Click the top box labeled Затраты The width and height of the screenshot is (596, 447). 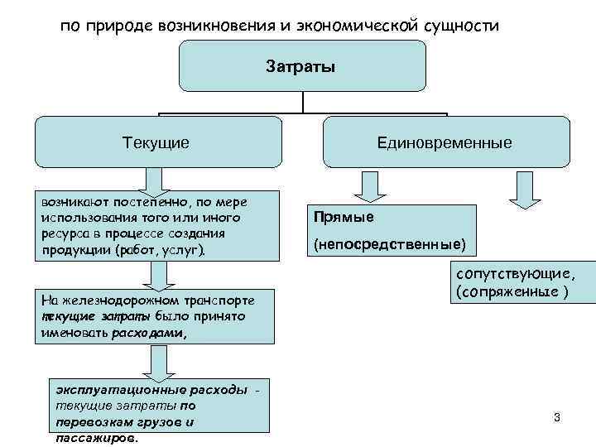click(301, 65)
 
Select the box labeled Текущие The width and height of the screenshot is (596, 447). click(156, 142)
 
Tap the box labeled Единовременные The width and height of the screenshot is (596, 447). click(445, 142)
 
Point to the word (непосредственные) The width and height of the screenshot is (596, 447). click(389, 245)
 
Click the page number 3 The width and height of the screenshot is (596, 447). click(557, 417)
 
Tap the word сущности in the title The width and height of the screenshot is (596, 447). click(461, 26)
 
